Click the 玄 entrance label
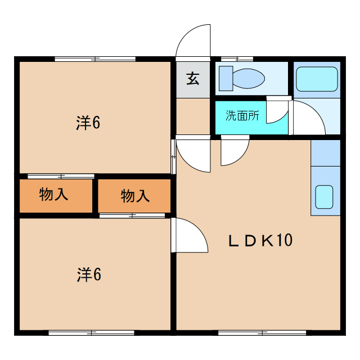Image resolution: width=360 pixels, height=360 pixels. (193, 78)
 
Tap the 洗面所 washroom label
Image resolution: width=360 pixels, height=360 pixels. (242, 116)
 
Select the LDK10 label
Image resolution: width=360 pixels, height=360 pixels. (260, 241)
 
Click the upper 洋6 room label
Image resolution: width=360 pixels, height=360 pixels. (88, 123)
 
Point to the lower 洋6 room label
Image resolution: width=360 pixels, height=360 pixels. (88, 274)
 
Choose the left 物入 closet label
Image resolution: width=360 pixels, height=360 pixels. (54, 195)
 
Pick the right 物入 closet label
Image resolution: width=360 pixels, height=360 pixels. (135, 196)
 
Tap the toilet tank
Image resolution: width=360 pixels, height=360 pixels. (226, 78)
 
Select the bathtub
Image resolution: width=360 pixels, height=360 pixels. (317, 79)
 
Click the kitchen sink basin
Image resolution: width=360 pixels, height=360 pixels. (324, 196)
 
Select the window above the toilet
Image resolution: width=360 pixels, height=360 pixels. (237, 58)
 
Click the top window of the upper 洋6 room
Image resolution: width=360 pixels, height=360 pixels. (95, 58)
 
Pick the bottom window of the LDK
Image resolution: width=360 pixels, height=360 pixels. (263, 333)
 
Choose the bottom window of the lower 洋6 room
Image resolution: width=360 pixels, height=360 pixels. (92, 333)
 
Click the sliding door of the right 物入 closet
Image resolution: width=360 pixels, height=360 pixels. (132, 215)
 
